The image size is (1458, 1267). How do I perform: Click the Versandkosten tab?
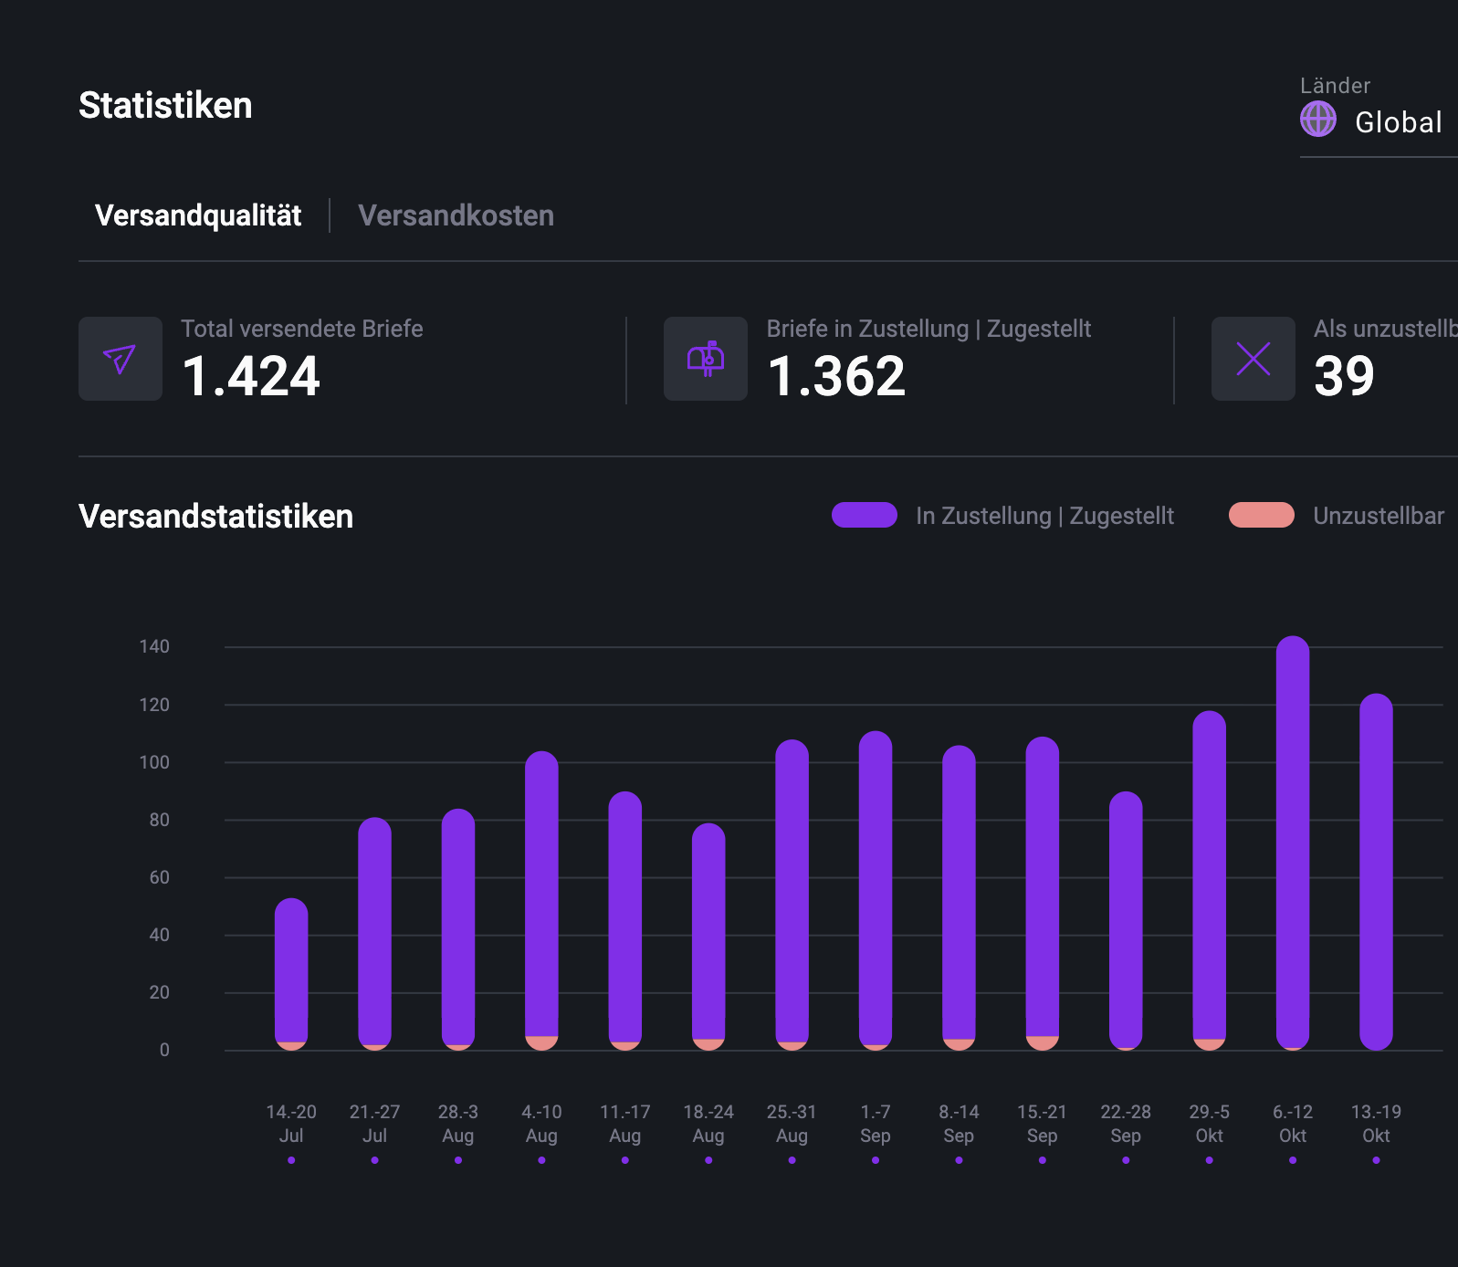(x=456, y=215)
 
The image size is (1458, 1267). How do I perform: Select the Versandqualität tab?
(x=198, y=215)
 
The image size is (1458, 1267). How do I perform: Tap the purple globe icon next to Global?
(x=1317, y=120)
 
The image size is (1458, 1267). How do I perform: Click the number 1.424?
(x=251, y=376)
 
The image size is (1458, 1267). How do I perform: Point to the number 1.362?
(x=836, y=376)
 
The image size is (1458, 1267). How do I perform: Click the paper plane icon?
(x=120, y=359)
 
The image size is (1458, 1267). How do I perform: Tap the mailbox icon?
(x=705, y=359)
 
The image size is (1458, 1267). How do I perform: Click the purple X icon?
(x=1253, y=359)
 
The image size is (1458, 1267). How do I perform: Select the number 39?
(x=1344, y=376)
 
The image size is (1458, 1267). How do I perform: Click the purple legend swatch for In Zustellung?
(x=864, y=515)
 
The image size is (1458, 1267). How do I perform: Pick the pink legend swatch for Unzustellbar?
(x=1261, y=515)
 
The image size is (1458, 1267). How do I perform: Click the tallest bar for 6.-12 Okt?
(x=1292, y=840)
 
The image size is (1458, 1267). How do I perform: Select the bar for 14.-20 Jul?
(x=291, y=972)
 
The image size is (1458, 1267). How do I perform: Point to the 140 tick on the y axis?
(x=154, y=646)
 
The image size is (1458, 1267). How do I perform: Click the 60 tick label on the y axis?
(x=159, y=877)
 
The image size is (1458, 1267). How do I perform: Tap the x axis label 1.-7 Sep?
(x=875, y=1124)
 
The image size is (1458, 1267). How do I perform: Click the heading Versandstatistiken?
(x=215, y=516)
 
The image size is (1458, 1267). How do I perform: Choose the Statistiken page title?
(x=165, y=105)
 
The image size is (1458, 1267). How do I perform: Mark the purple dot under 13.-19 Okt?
(x=1376, y=1160)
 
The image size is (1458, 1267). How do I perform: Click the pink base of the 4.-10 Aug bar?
(x=541, y=1042)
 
